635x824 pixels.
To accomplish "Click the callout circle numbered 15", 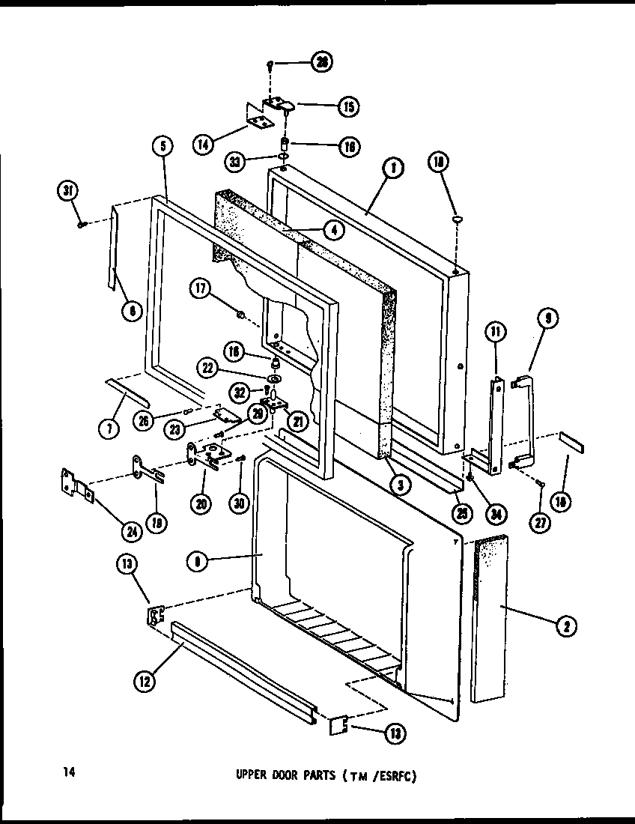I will pyautogui.click(x=347, y=106).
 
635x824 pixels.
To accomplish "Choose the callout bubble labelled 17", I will pyautogui.click(x=201, y=288).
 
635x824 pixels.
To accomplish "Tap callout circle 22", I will pyautogui.click(x=208, y=367).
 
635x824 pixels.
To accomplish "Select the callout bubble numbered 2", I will pyautogui.click(x=566, y=628).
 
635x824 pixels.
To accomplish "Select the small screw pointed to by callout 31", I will pyautogui.click(x=82, y=223).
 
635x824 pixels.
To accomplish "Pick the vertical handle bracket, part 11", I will pyautogui.click(x=495, y=427).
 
